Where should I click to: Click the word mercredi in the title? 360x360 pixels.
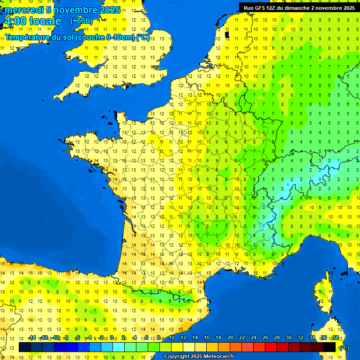(x=24, y=10)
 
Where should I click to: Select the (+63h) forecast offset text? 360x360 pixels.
(x=82, y=21)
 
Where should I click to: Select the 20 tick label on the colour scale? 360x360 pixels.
(x=230, y=337)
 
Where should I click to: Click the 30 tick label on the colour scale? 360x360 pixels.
(x=288, y=337)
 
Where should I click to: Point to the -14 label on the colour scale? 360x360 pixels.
(x=32, y=337)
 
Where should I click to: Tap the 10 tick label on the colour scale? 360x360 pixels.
(x=171, y=337)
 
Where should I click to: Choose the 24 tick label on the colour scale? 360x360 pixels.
(x=253, y=337)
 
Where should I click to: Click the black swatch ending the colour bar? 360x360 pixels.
(x=330, y=347)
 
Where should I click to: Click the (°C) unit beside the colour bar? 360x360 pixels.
(x=344, y=347)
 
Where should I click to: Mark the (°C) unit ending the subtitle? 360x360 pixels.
(x=143, y=37)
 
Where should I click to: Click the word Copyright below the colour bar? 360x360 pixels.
(x=176, y=357)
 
